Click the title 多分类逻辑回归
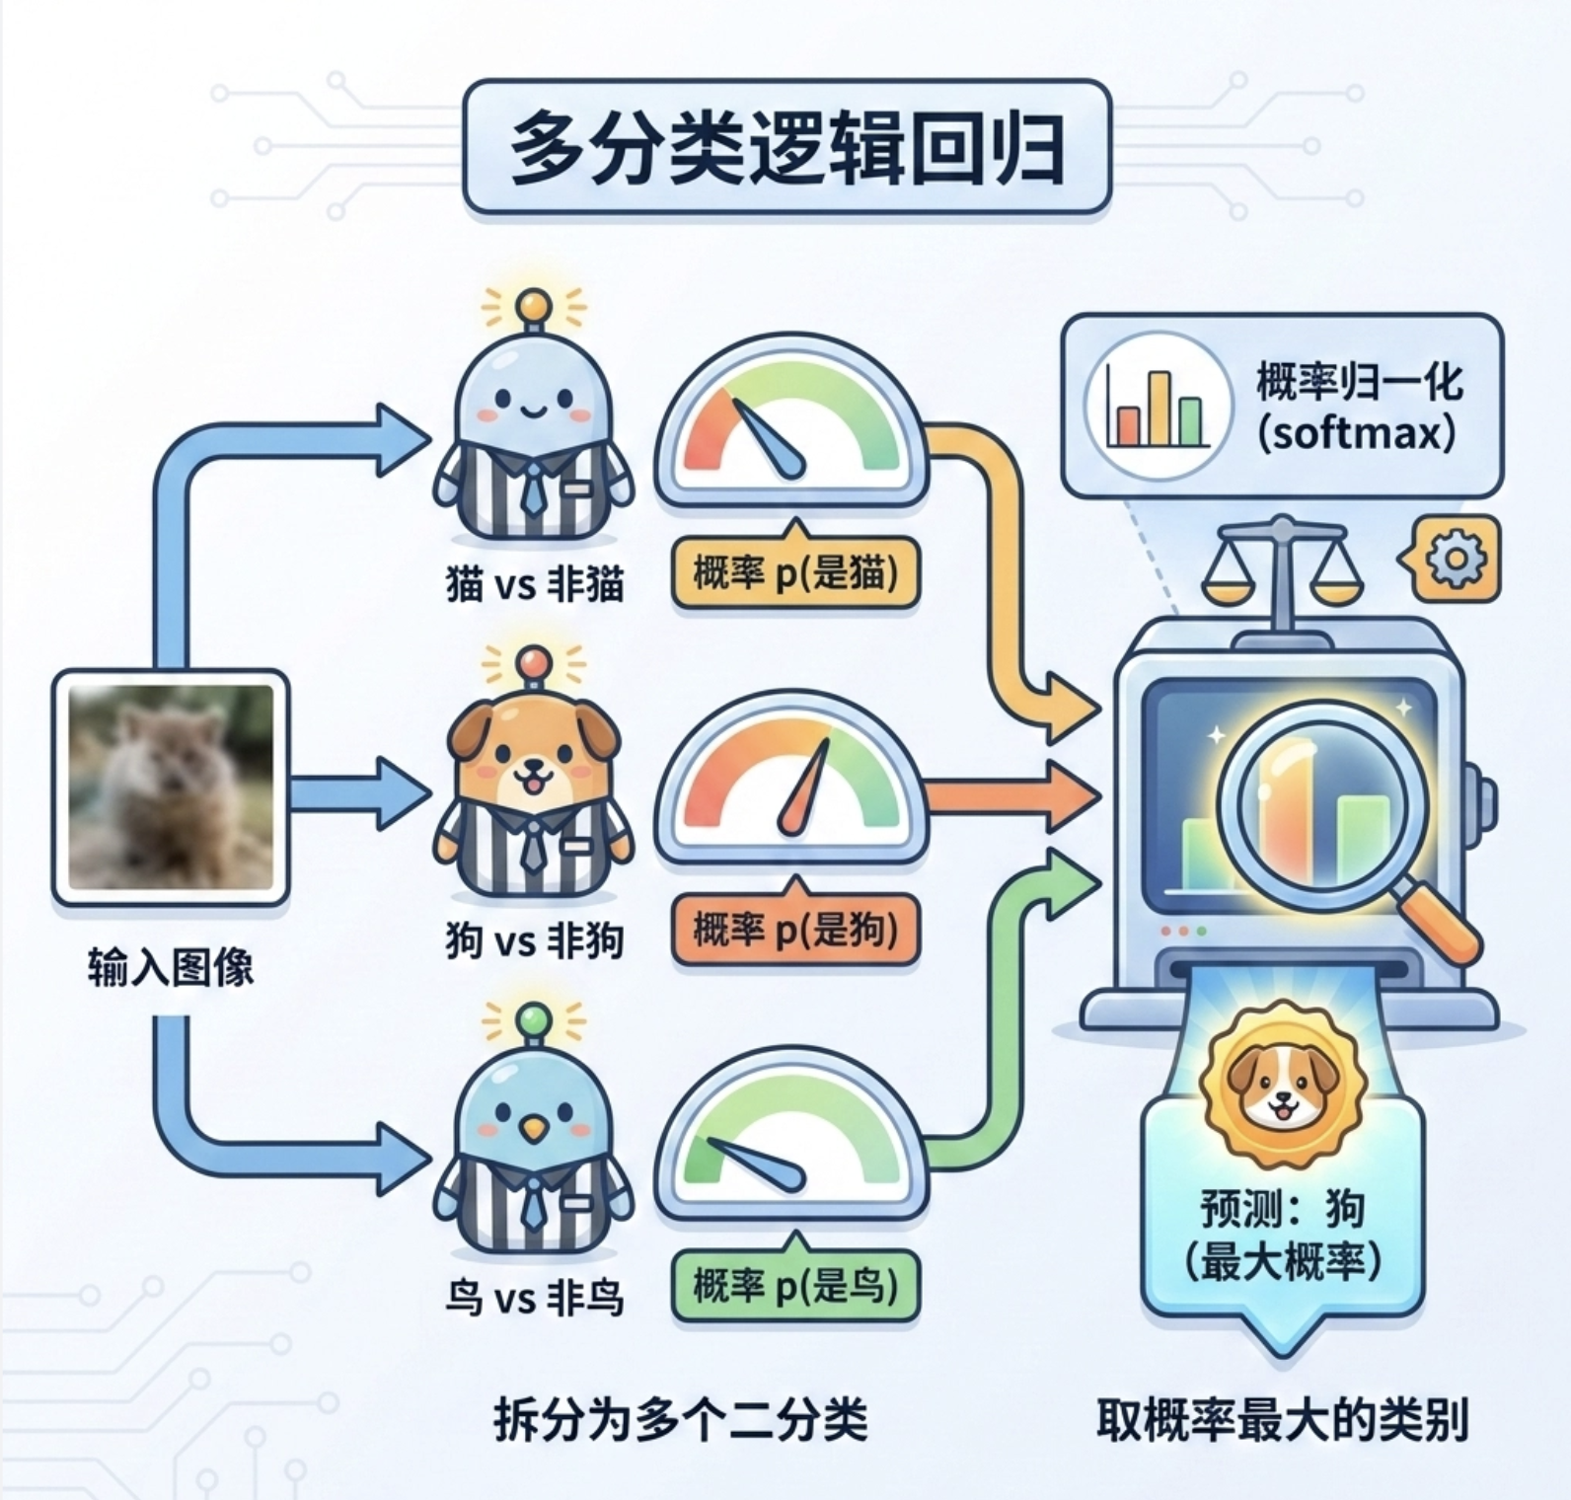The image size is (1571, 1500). (x=786, y=148)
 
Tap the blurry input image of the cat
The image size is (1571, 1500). (x=170, y=787)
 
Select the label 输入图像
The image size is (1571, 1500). (x=170, y=966)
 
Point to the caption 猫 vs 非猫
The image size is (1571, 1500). (x=534, y=585)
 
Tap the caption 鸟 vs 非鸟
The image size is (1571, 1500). (x=534, y=1297)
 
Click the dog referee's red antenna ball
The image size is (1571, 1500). (x=534, y=659)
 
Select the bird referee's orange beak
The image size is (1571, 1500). (x=533, y=1128)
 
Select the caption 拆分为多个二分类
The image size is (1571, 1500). (x=681, y=1421)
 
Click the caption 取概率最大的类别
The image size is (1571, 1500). (x=1283, y=1421)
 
